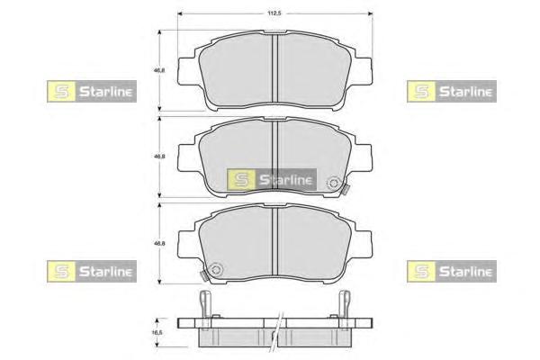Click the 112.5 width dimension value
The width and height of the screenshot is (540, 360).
coord(274,13)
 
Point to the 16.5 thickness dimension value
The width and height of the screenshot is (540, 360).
coord(157,332)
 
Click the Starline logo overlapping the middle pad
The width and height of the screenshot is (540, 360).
coord(272,179)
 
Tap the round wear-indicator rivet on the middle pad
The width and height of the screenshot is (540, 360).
coord(333,183)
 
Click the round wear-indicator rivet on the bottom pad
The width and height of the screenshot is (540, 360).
coord(217,269)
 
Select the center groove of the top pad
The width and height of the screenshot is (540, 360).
coord(274,68)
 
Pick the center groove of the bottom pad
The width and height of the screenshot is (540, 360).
coord(274,241)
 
